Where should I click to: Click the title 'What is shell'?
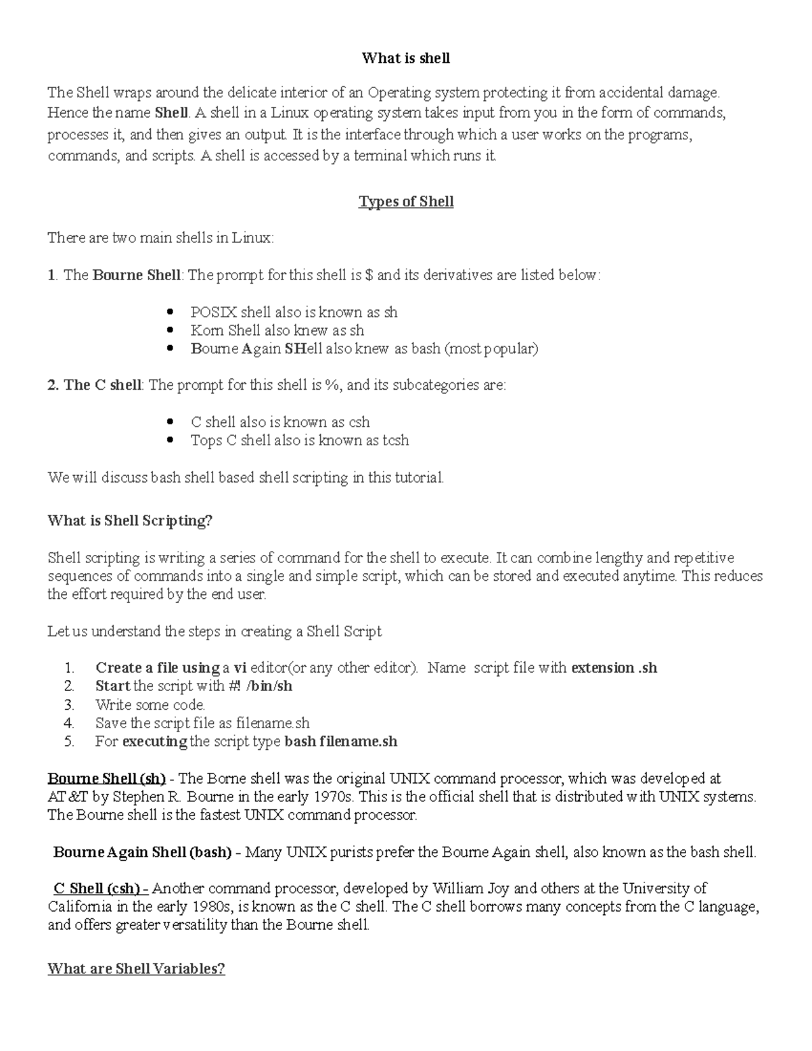(x=405, y=58)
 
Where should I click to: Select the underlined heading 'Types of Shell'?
(x=405, y=202)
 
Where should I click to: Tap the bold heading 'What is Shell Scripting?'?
(x=130, y=520)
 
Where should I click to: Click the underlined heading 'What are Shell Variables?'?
(x=136, y=968)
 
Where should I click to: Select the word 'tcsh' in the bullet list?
(x=396, y=441)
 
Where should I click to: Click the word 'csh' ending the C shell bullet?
(x=359, y=422)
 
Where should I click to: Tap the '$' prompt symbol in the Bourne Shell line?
(x=368, y=275)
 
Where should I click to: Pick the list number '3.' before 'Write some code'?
(x=68, y=705)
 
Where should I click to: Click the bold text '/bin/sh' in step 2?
(x=269, y=686)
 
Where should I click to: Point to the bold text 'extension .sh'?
(x=614, y=668)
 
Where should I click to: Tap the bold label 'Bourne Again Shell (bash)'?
(x=143, y=852)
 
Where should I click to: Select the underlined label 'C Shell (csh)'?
(x=97, y=889)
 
